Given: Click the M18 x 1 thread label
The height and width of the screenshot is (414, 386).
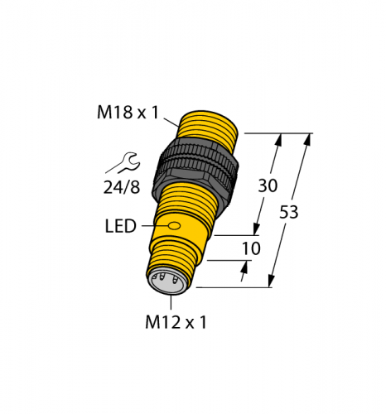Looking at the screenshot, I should tap(128, 113).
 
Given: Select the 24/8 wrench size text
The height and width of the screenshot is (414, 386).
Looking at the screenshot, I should tap(122, 187).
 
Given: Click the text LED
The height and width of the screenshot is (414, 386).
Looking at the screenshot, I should tap(120, 226).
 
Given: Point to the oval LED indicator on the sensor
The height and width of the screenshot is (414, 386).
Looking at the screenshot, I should tap(174, 225).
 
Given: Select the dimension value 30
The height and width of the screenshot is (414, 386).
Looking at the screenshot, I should tap(268, 186).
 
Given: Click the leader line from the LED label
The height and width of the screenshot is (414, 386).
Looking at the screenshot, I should tap(153, 225).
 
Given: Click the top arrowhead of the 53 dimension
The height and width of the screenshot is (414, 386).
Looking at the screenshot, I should tap(308, 139).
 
